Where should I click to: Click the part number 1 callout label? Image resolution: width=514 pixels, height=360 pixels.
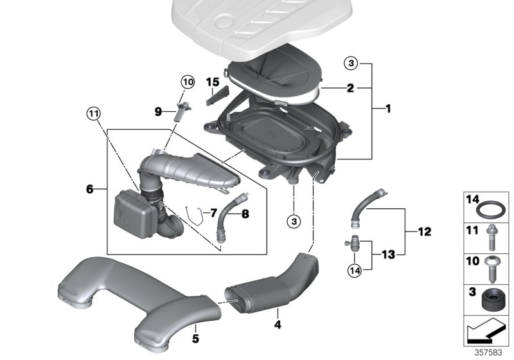pyautogui.click(x=388, y=109)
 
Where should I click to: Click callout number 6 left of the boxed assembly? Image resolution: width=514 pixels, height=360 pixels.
pyautogui.click(x=90, y=189)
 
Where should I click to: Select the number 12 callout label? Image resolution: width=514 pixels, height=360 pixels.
pyautogui.click(x=425, y=231)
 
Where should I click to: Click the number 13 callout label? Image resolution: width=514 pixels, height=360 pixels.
pyautogui.click(x=387, y=255)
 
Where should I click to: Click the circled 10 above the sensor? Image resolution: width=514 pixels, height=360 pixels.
pyautogui.click(x=186, y=82)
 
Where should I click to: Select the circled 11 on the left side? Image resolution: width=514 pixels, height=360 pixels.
pyautogui.click(x=94, y=115)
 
